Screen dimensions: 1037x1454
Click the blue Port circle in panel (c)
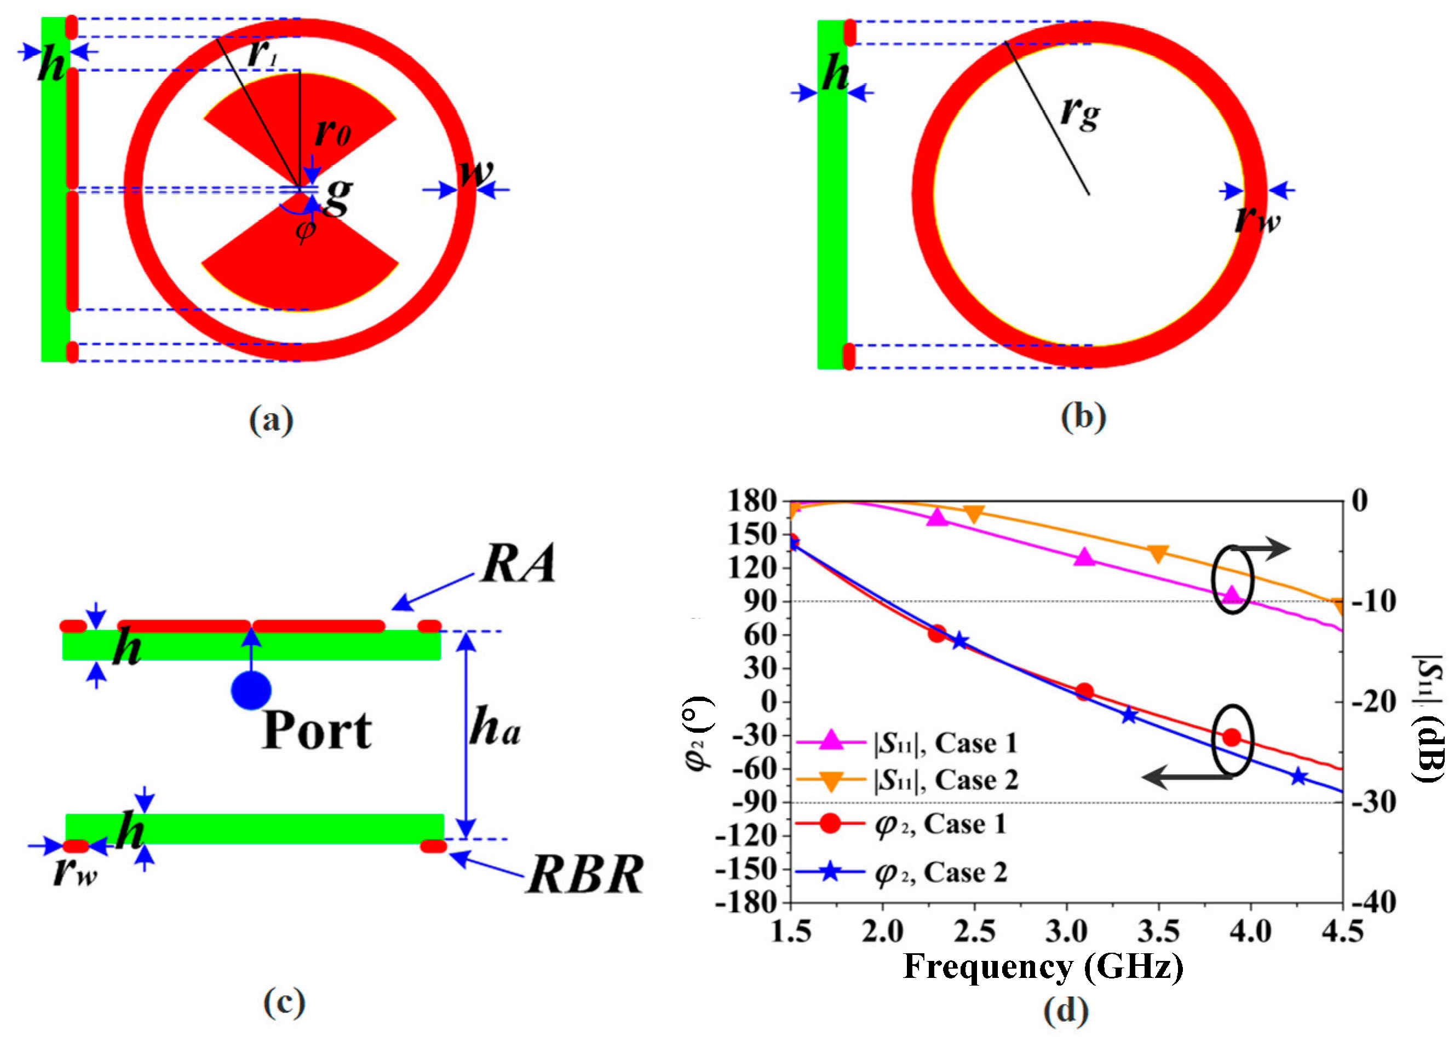pyautogui.click(x=251, y=690)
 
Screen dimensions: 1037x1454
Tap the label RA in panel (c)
pyautogui.click(x=518, y=564)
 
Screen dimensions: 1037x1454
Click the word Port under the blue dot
pyautogui.click(x=317, y=731)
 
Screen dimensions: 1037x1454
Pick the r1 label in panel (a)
pyautogui.click(x=262, y=54)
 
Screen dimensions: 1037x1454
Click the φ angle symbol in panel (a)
pyautogui.click(x=306, y=229)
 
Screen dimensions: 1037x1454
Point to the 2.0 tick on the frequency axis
pyautogui.click(x=882, y=932)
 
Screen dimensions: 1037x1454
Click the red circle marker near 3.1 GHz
pyautogui.click(x=1084, y=692)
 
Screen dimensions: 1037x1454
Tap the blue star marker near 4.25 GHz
pyautogui.click(x=1297, y=777)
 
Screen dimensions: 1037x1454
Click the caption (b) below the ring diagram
pyautogui.click(x=1083, y=418)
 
